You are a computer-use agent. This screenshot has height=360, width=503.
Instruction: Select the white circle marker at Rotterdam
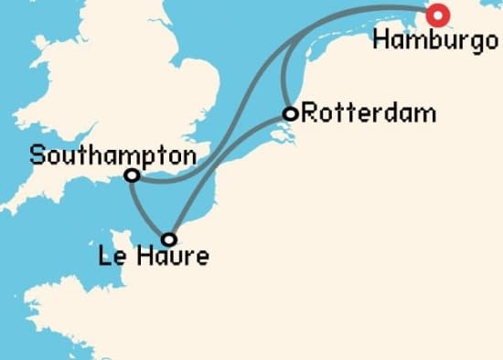pyautogui.click(x=290, y=114)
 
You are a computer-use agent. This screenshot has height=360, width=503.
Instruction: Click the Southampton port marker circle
pyautogui.click(x=132, y=175)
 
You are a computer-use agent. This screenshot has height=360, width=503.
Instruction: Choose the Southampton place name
pyautogui.click(x=112, y=154)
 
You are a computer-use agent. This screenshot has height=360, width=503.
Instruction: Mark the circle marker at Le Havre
pyautogui.click(x=169, y=239)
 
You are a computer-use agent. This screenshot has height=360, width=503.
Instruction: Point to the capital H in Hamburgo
pyautogui.click(x=382, y=40)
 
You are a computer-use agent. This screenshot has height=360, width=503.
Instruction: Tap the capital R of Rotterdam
pyautogui.click(x=308, y=114)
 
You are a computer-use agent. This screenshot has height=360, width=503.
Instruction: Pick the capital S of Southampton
pyautogui.click(x=37, y=154)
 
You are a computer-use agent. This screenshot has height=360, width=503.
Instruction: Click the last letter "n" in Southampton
pyautogui.click(x=188, y=154)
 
